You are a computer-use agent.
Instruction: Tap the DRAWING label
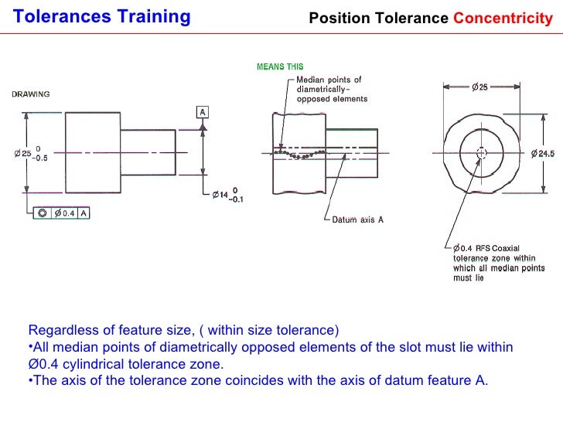30,94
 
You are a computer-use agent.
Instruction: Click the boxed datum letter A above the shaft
203,112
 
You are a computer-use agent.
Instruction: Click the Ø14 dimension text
220,194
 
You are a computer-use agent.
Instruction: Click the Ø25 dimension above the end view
479,87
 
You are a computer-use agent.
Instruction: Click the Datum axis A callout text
357,220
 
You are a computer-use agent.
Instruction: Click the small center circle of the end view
481,153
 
